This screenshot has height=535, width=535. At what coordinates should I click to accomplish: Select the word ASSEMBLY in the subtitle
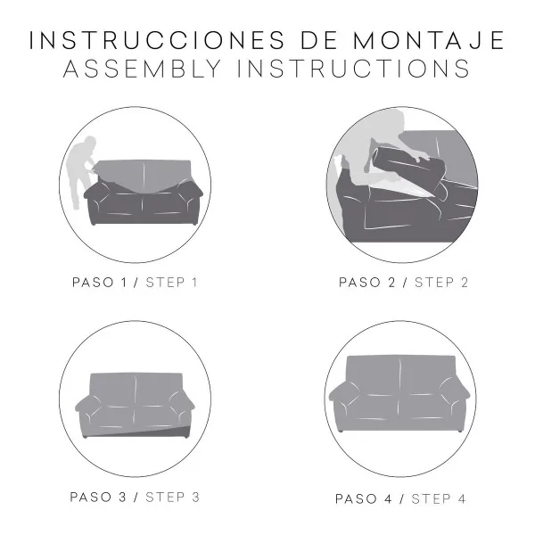click(x=149, y=70)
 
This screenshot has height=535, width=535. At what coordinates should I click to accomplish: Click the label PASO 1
click(x=100, y=283)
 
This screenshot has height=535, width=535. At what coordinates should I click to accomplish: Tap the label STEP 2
click(x=440, y=283)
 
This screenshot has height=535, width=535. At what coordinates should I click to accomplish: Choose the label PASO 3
click(x=100, y=496)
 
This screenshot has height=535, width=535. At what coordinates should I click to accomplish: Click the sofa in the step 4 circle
click(x=400, y=392)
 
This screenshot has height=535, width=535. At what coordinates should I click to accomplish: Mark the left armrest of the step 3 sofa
click(x=90, y=411)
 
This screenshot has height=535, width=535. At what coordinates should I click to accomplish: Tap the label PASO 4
click(x=366, y=498)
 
